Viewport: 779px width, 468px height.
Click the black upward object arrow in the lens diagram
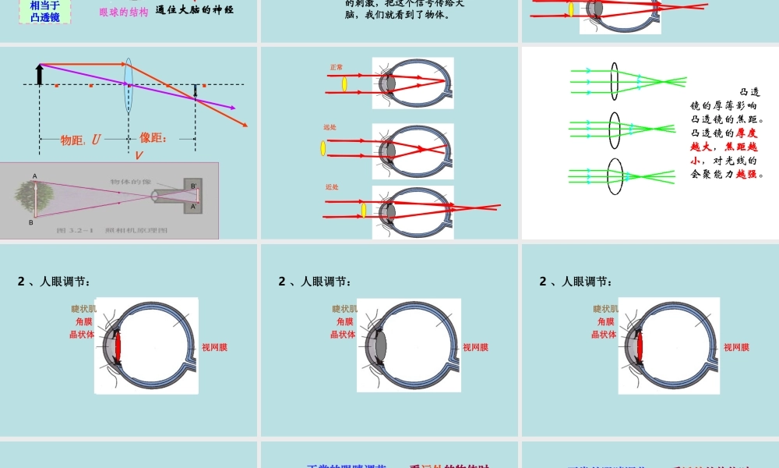(39, 73)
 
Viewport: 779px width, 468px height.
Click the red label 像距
(153, 138)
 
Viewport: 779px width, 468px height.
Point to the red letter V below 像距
(139, 155)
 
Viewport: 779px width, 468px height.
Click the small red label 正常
(337, 67)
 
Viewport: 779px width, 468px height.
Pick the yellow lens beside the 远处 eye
(323, 147)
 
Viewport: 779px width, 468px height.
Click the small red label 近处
(332, 186)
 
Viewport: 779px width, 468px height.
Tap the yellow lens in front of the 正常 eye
(344, 83)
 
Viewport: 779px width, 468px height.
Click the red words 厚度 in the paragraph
(746, 133)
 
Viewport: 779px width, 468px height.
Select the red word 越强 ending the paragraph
(746, 174)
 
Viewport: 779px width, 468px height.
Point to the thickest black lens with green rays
(615, 176)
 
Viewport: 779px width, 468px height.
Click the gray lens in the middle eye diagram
(380, 346)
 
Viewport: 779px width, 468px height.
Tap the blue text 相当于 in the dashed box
(44, 5)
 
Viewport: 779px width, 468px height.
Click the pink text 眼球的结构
(124, 12)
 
